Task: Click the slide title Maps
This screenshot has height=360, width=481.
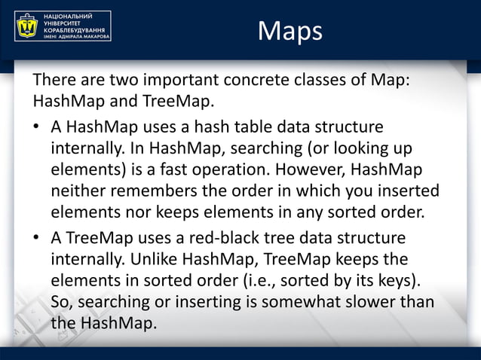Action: tap(290, 31)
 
